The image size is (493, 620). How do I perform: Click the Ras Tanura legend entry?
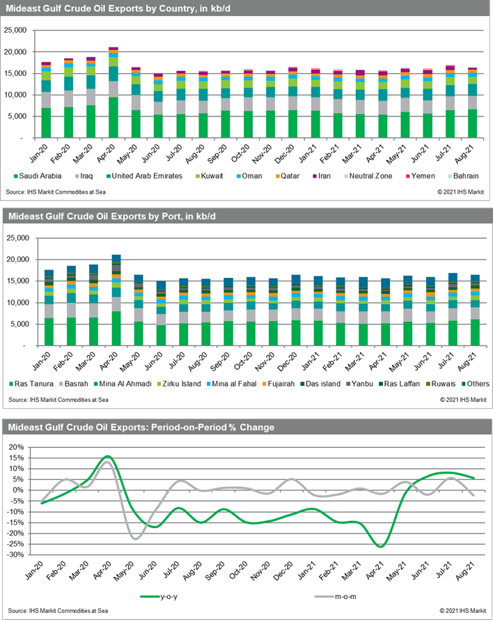click(33, 384)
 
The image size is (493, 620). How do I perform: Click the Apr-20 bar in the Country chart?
click(113, 93)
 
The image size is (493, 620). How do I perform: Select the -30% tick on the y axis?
click(19, 555)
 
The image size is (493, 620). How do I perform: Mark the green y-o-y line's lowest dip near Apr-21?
click(380, 546)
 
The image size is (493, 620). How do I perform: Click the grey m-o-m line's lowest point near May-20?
click(136, 538)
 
